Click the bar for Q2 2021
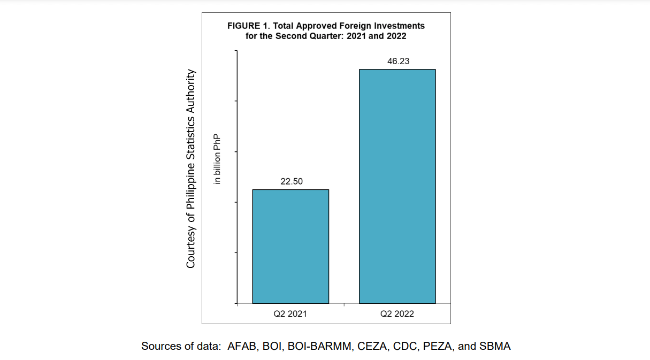[290, 247]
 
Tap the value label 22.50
[292, 181]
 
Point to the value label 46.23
[399, 62]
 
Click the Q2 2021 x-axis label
[290, 314]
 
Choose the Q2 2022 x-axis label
[397, 314]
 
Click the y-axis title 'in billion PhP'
[217, 159]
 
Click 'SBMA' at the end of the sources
[495, 346]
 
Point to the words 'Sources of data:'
[181, 346]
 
